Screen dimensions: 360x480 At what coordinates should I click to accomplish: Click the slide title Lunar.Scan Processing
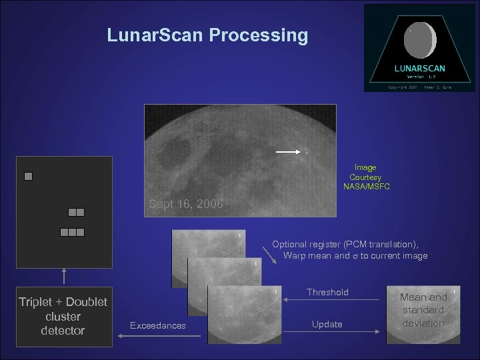click(207, 35)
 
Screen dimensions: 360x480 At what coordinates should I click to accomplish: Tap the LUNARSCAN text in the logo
click(420, 68)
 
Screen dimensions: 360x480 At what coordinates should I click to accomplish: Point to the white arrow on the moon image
click(288, 152)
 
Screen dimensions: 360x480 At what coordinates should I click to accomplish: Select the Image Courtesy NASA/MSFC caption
click(365, 177)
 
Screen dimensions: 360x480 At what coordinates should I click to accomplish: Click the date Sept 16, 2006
click(185, 203)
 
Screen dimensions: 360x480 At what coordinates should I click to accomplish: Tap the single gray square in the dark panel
click(28, 177)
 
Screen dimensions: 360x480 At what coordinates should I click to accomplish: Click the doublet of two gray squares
click(76, 212)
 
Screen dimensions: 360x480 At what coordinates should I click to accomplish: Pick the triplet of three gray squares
click(72, 233)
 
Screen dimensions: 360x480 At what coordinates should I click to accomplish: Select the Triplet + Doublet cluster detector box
click(63, 316)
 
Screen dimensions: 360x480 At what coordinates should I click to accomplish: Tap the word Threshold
click(327, 292)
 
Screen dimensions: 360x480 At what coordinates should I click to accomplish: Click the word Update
click(327, 324)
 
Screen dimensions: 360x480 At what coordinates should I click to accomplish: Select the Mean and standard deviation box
click(423, 310)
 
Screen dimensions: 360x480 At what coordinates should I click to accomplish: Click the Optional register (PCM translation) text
click(345, 245)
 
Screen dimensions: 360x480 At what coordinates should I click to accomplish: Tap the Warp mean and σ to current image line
click(355, 255)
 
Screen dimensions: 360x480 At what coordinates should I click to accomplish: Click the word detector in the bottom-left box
click(63, 331)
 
